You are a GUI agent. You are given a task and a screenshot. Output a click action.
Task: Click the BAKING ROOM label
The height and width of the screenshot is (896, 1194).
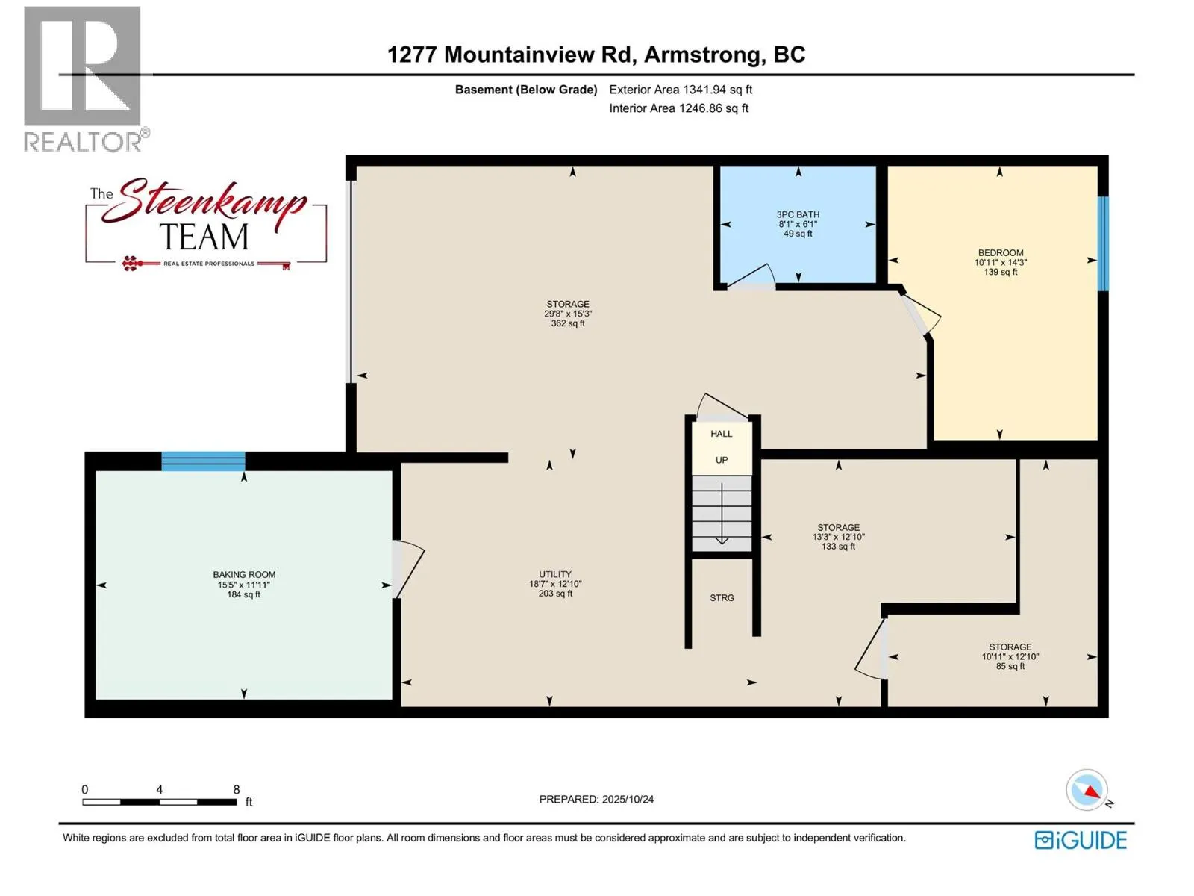[x=244, y=575]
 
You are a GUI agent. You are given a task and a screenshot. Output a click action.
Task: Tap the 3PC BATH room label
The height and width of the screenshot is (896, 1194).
[x=798, y=214]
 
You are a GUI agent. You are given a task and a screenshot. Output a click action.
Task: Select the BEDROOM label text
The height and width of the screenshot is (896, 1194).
[x=1000, y=253]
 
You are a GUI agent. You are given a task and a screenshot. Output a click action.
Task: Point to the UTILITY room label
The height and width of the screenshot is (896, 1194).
[x=555, y=575]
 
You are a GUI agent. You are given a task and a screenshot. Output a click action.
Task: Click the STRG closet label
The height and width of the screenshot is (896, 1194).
[x=722, y=598]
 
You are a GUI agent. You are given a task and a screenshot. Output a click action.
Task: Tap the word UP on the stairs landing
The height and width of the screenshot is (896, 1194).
[x=722, y=461]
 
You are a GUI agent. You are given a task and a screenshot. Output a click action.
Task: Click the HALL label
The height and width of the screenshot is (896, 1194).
[x=722, y=434]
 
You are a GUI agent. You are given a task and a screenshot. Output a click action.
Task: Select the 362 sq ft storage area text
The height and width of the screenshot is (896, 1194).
[x=568, y=324]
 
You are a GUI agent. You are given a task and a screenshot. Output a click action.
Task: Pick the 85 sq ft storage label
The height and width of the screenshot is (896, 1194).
[x=1010, y=666]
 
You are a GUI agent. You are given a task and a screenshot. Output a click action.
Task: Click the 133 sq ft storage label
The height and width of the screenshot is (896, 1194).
[x=838, y=547]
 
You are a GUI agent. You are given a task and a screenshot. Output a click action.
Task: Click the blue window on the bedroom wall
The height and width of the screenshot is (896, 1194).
[x=1102, y=243]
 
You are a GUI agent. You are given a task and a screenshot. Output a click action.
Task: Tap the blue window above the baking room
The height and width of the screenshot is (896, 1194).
[x=203, y=461]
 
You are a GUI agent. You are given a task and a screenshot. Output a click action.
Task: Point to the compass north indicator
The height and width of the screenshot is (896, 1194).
[x=1088, y=791]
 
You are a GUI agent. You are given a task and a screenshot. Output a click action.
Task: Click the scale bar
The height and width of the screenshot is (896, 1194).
[x=159, y=802]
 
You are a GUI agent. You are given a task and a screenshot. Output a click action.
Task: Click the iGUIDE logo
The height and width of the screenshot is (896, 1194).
[x=1080, y=840]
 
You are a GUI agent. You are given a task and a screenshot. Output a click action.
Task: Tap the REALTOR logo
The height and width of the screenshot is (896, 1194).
[x=83, y=78]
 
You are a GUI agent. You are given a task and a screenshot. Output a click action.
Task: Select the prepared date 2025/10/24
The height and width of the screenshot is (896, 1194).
[x=596, y=799]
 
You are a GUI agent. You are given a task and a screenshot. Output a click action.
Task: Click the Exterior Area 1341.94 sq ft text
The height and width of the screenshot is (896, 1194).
[x=680, y=90]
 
